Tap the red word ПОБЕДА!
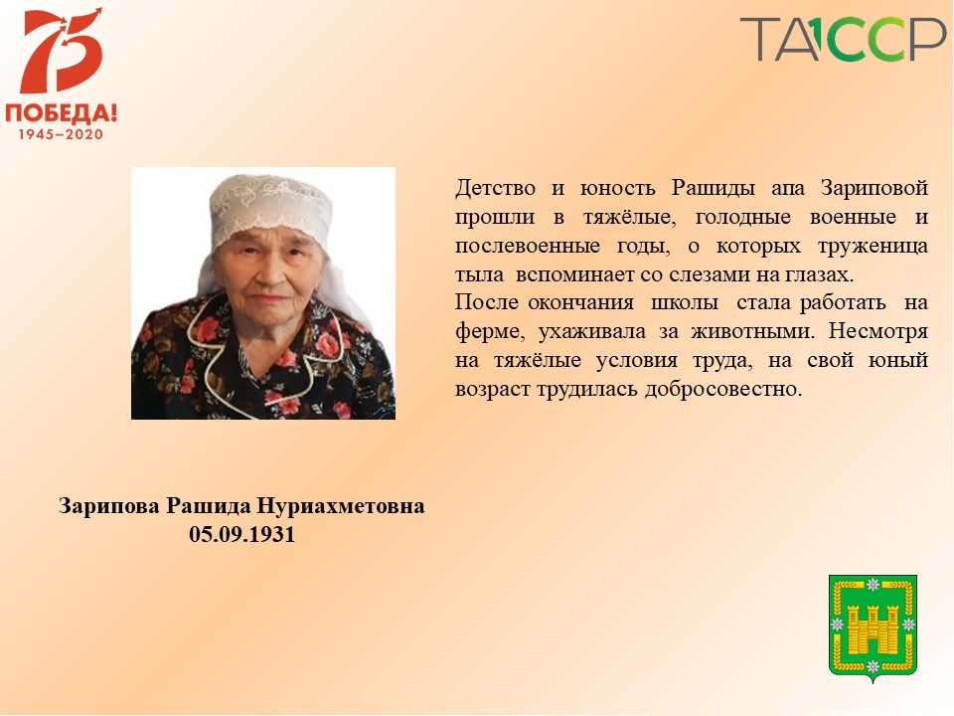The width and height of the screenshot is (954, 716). pyautogui.click(x=61, y=113)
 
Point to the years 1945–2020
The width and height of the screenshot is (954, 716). pyautogui.click(x=61, y=134)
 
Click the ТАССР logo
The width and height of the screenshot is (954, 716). pyautogui.click(x=843, y=39)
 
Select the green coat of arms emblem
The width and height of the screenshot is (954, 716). pyautogui.click(x=873, y=627)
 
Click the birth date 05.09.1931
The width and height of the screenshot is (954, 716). pyautogui.click(x=241, y=535)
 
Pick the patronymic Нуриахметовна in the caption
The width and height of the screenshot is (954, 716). pyautogui.click(x=340, y=506)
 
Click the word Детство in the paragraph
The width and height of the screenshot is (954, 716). pyautogui.click(x=495, y=188)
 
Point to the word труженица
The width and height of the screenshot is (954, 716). pyautogui.click(x=873, y=246)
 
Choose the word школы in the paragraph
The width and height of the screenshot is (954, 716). pyautogui.click(x=685, y=303)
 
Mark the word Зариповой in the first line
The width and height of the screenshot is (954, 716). pyautogui.click(x=874, y=188)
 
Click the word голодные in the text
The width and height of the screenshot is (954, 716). pyautogui.click(x=743, y=218)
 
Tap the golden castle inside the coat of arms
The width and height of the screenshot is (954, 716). pyautogui.click(x=873, y=630)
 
